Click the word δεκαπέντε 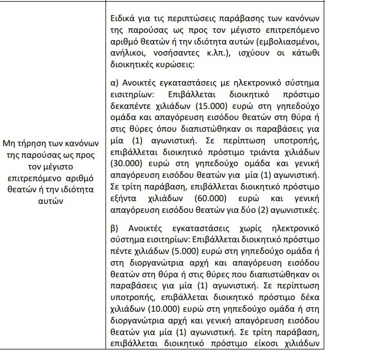pos(134,106)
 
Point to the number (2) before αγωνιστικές pos(284,212)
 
